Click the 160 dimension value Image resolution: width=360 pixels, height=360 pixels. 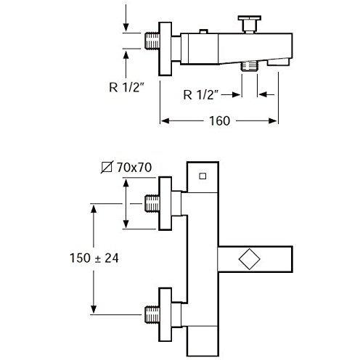click(219, 120)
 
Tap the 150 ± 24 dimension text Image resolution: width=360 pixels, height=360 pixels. click(94, 258)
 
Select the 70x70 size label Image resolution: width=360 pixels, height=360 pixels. click(134, 167)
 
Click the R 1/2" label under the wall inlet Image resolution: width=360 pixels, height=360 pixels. click(126, 87)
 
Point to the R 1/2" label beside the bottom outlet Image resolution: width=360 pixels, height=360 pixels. click(201, 94)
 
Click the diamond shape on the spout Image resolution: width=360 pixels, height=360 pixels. click(250, 258)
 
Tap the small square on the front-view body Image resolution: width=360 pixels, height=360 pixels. click(202, 176)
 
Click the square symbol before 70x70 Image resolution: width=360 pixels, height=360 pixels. click(107, 167)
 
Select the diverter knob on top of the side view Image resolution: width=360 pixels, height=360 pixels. click(250, 24)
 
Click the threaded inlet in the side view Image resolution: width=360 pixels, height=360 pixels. click(152, 41)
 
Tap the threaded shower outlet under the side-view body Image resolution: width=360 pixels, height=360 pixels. click(250, 65)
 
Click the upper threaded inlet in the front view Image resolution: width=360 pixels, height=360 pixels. click(152, 203)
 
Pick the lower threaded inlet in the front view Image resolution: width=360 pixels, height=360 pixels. click(152, 314)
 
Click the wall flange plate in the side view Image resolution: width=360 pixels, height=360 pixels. click(165, 49)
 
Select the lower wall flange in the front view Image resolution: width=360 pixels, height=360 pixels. click(165, 314)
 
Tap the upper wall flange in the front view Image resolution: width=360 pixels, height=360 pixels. click(165, 203)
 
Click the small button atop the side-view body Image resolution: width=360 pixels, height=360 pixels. click(203, 31)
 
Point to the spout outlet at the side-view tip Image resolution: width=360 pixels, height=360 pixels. click(278, 62)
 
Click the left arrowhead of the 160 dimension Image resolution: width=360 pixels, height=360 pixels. click(165, 120)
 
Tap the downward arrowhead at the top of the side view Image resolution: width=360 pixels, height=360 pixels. click(126, 27)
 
